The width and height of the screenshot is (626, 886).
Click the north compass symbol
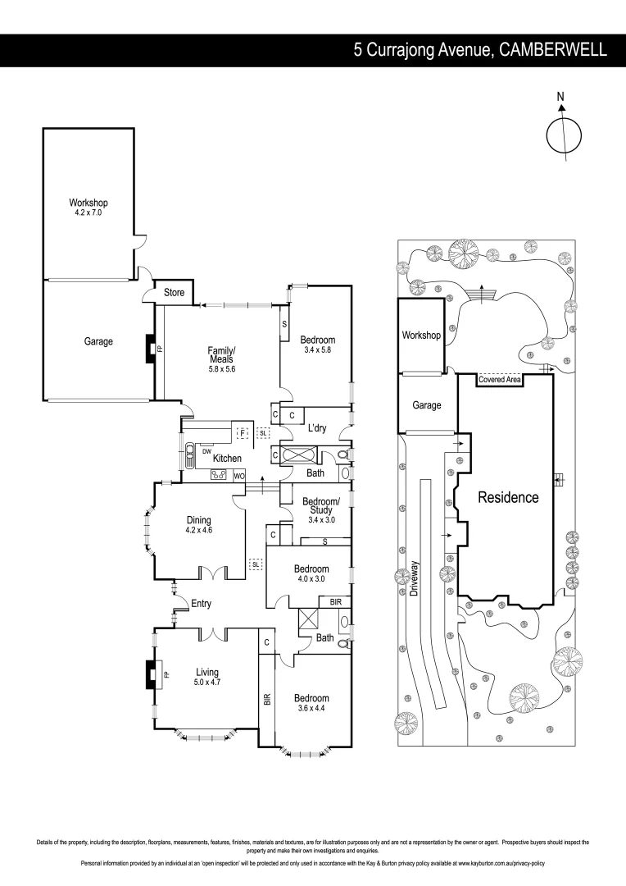563,135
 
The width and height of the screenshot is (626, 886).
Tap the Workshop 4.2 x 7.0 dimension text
88,212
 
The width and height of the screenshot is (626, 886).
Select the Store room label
175,293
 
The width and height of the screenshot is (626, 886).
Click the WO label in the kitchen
239,476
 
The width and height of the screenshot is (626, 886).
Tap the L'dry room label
318,429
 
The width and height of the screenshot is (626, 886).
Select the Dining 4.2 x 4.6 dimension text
198,530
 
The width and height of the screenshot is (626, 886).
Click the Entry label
201,604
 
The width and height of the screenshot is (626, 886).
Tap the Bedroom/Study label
315,506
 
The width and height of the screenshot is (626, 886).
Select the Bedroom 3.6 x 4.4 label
311,704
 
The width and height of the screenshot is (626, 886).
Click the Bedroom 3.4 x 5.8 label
317,345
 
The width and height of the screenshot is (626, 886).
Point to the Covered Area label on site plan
500,380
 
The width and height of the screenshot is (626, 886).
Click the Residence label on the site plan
508,497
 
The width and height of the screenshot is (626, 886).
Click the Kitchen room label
227,458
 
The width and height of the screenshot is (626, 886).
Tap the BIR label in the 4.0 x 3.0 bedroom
335,601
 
